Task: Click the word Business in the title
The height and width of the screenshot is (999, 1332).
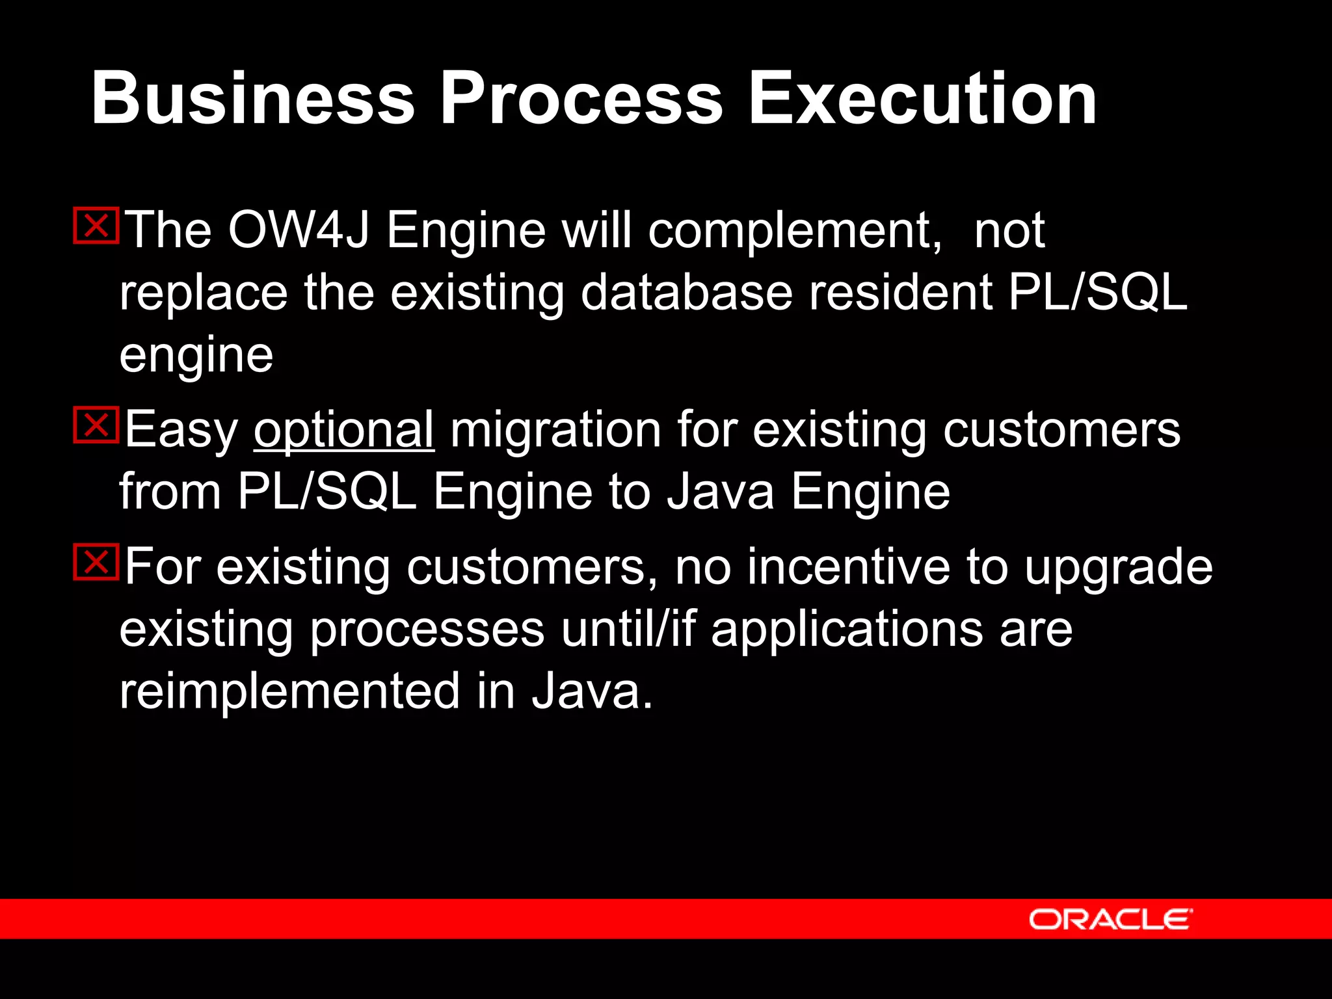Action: [252, 99]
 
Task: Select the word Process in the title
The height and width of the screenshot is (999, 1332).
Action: [581, 99]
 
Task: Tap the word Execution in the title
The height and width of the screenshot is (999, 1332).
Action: [922, 99]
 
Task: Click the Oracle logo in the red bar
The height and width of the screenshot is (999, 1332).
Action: [1110, 919]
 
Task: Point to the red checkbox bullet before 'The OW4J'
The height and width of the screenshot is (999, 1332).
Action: [96, 226]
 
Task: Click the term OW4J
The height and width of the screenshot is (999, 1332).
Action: [299, 230]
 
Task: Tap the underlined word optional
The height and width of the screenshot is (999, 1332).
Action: [343, 430]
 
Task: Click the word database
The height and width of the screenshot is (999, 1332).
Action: [686, 293]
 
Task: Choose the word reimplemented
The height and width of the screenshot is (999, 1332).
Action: [290, 691]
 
